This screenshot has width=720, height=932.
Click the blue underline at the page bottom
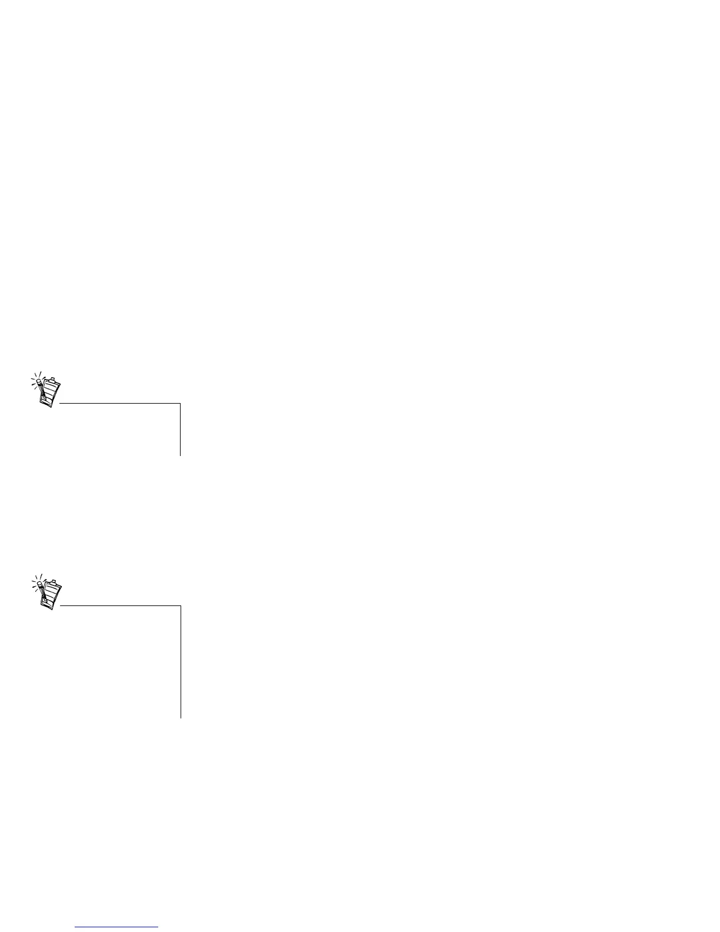(x=117, y=927)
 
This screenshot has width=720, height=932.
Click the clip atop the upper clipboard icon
(x=52, y=379)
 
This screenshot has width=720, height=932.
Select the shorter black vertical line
(x=180, y=430)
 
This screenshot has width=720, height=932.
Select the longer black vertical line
(x=180, y=662)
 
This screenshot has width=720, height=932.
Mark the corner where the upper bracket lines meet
(x=180, y=404)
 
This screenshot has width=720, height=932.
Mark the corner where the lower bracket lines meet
(x=180, y=606)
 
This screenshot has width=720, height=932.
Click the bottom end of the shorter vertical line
(x=180, y=455)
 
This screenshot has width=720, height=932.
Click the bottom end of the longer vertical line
(x=180, y=718)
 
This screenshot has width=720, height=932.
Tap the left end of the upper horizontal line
(x=60, y=404)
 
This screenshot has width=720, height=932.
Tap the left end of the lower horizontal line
(x=60, y=606)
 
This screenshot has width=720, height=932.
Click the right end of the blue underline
(x=158, y=927)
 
